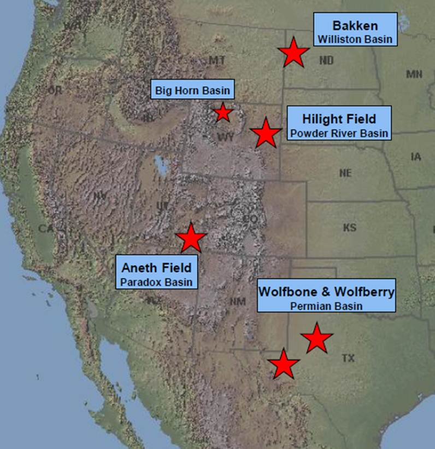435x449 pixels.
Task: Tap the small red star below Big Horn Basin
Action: click(222, 112)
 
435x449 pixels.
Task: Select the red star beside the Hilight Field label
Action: click(266, 133)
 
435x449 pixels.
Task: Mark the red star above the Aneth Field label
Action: click(191, 238)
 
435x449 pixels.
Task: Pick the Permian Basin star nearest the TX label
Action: click(316, 338)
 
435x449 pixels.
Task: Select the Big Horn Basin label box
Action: click(192, 90)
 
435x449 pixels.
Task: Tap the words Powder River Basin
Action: click(339, 133)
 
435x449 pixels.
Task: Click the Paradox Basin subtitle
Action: click(157, 282)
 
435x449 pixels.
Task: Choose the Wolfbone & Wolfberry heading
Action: click(326, 292)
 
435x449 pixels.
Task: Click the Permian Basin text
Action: click(326, 306)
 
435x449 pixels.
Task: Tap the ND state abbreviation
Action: click(326, 61)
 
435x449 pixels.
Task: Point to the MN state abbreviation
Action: click(414, 74)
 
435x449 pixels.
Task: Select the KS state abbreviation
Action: click(349, 227)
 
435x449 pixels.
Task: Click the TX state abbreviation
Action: click(348, 358)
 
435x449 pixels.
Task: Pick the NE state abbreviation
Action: click(345, 173)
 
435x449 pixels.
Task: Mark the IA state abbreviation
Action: click(416, 157)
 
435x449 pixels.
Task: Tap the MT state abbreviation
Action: click(216, 60)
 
